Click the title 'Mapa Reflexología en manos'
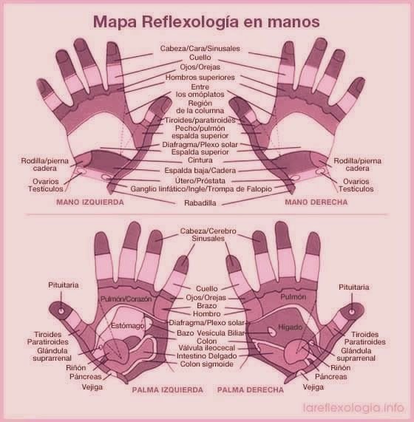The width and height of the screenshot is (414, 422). click(206, 21)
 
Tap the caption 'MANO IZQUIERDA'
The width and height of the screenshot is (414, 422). click(90, 202)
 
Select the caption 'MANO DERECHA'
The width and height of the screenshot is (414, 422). click(316, 202)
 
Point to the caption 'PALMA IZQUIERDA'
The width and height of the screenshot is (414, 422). click(167, 389)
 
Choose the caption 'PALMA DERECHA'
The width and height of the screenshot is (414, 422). click(251, 389)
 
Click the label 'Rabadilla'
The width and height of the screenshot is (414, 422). click(200, 203)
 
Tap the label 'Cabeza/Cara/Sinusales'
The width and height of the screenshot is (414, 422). click(200, 49)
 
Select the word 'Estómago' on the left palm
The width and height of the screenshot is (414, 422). click(128, 326)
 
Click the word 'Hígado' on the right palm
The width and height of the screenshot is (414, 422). click(291, 327)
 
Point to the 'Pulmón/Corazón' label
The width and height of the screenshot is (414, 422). click(126, 299)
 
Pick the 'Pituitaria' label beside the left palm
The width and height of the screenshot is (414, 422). click(64, 285)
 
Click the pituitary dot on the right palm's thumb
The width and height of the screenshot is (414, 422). click(352, 312)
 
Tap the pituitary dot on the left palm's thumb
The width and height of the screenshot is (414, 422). click(61, 311)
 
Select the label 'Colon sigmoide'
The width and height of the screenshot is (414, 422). click(207, 364)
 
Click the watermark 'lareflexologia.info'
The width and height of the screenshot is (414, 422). click(353, 407)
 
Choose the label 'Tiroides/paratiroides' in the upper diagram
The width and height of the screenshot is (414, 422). click(200, 120)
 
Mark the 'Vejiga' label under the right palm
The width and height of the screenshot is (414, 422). click(313, 387)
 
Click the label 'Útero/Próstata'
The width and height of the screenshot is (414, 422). click(200, 180)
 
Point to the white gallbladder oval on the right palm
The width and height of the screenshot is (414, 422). click(272, 332)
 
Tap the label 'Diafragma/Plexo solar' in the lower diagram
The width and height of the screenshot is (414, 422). click(206, 322)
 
